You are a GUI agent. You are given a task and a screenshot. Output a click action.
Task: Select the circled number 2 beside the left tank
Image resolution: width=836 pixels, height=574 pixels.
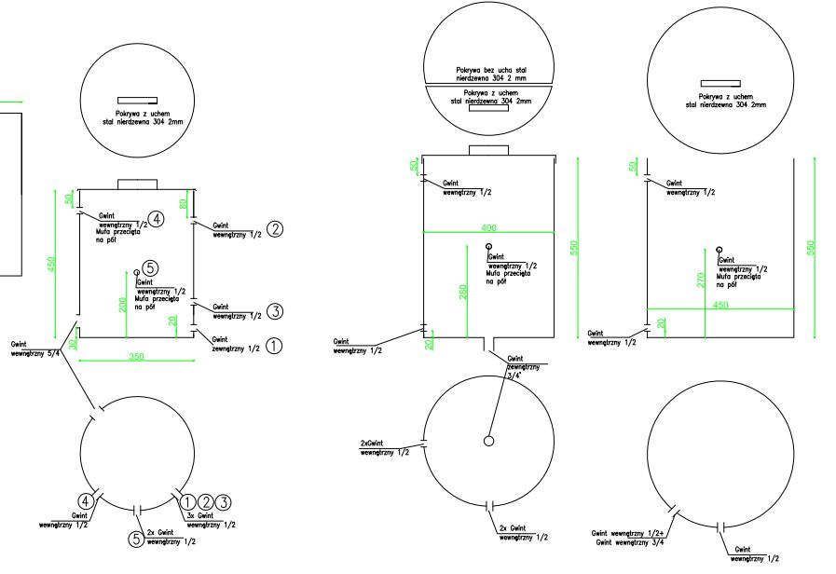click(274, 229)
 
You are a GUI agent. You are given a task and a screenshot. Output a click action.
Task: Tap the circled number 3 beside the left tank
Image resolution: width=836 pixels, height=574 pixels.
click(274, 311)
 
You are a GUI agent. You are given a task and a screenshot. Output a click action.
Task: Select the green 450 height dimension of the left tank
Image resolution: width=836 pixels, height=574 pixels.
click(53, 265)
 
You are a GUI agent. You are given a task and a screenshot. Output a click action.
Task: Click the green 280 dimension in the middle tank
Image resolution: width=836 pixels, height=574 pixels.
click(463, 292)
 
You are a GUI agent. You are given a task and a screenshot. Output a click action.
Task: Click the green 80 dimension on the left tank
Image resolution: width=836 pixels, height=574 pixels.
click(183, 199)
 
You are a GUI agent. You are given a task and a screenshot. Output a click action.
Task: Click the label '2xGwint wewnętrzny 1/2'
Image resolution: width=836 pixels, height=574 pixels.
click(384, 447)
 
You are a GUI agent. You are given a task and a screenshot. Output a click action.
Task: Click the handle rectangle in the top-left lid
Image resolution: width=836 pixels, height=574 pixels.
click(136, 100)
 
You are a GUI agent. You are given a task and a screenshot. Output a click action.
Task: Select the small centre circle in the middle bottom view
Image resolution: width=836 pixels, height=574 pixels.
click(488, 440)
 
